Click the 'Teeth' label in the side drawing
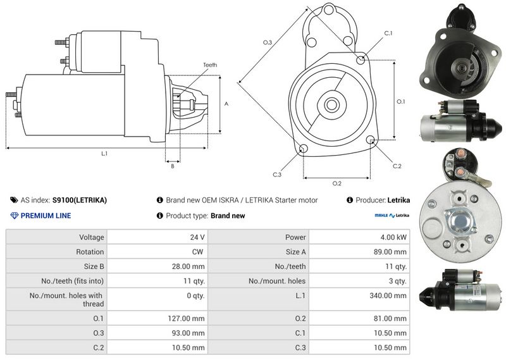tap(210, 65)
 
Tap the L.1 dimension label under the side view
tap(104, 154)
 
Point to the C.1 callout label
tap(388, 34)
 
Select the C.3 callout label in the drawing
tap(277, 175)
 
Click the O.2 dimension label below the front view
tap(337, 183)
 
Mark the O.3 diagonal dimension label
tap(268, 42)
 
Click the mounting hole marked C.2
tap(371, 140)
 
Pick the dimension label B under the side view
tap(173, 166)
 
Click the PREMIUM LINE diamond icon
tap(14, 216)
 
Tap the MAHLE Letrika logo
tap(392, 215)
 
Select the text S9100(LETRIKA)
tap(80, 200)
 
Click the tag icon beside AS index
tap(14, 200)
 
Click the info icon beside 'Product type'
tap(160, 216)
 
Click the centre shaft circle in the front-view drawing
tap(331, 104)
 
